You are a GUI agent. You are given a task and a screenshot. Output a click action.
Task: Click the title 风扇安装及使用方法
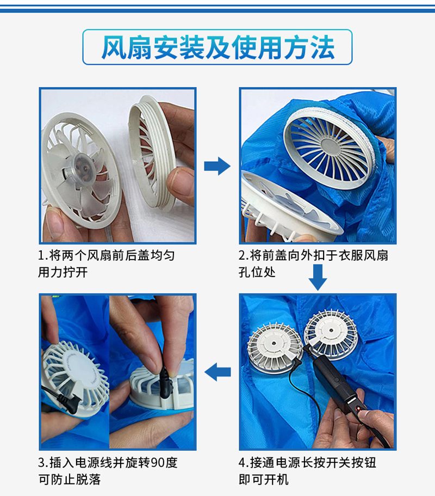tap(217, 48)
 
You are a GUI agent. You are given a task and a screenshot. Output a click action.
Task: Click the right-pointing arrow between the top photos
tap(217, 166)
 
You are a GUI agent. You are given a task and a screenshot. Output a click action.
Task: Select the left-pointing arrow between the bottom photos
tap(217, 372)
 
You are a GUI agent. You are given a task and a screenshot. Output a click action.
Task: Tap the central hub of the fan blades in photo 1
tap(80, 166)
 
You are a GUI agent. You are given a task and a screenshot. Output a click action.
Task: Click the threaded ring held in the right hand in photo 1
tap(155, 158)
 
